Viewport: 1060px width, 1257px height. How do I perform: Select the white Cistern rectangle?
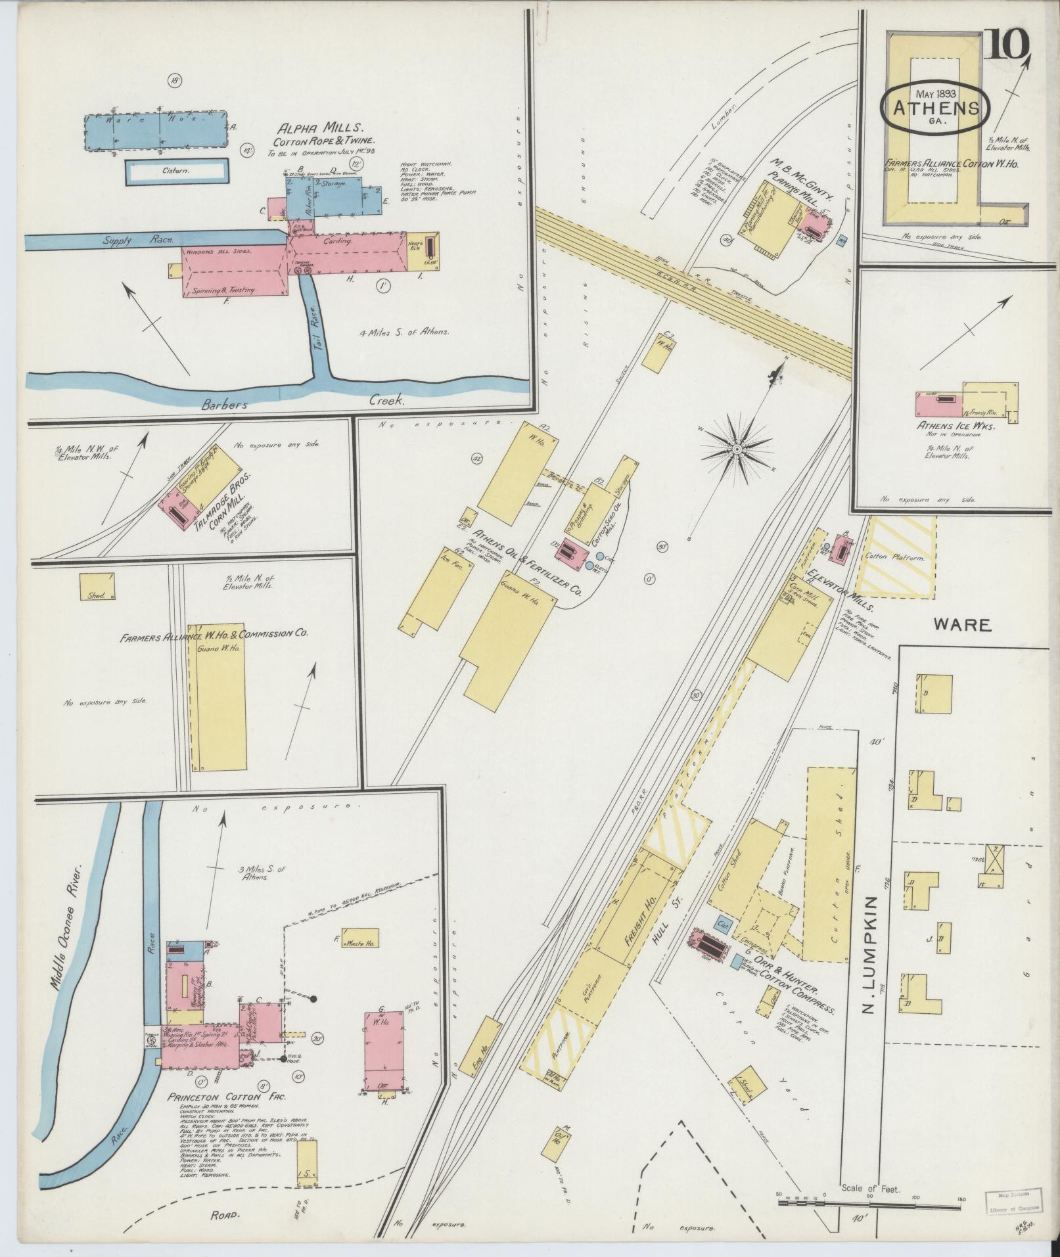click(177, 170)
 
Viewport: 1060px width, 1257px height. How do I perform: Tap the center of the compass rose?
click(737, 449)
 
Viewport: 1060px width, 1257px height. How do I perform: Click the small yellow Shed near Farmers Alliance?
click(97, 585)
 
